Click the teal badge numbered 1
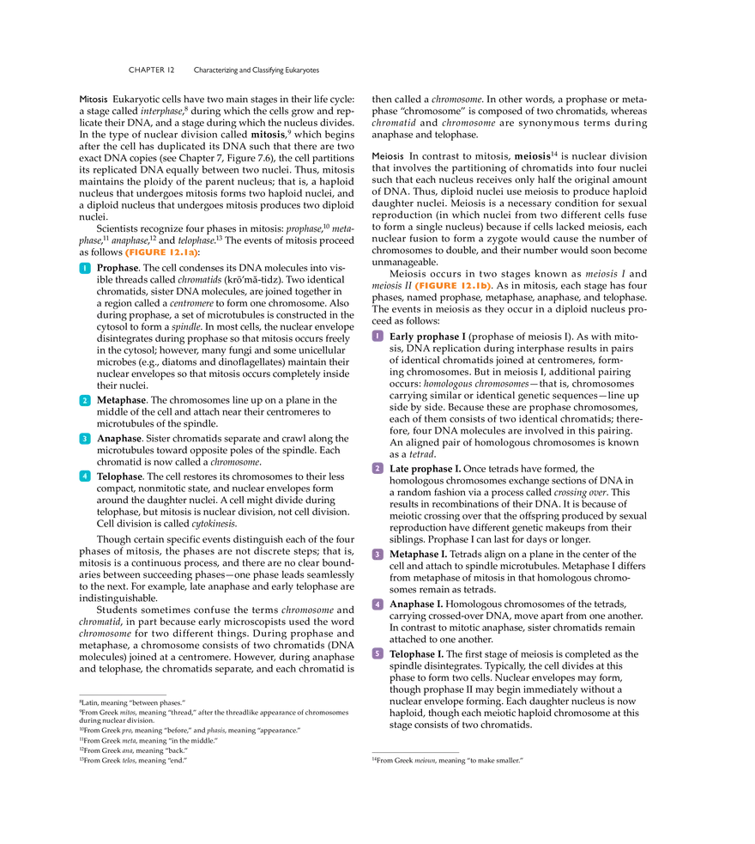click(x=84, y=270)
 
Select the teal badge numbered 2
click(x=84, y=401)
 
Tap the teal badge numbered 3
click(x=84, y=438)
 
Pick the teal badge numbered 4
click(x=84, y=476)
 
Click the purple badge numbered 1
click(x=377, y=337)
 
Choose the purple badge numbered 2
click(x=377, y=469)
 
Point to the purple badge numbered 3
click(x=377, y=555)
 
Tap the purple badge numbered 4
click(x=377, y=604)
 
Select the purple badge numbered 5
click(x=377, y=653)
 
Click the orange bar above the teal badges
click(x=161, y=253)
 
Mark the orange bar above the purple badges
click(x=453, y=287)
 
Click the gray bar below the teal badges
click(x=124, y=692)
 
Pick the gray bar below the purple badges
click(x=415, y=752)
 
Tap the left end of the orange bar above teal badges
click(x=126, y=253)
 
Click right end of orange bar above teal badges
click(x=196, y=253)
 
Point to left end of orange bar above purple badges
click(x=415, y=287)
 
